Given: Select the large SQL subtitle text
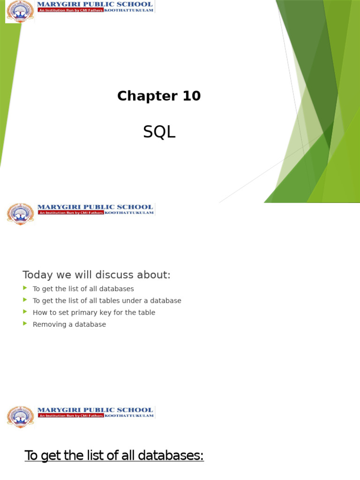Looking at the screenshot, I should pos(159,133).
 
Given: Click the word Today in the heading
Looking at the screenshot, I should pos(36,275).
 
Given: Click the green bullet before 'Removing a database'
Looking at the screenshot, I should pos(25,324).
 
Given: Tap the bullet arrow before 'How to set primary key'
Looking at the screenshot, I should pos(25,312).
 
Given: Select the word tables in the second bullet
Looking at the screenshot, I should pos(109,300).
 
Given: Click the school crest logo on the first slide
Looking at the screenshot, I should pos(20,11).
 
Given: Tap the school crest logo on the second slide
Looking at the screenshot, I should pos(21,214).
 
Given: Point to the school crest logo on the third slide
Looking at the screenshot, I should pos(21,417).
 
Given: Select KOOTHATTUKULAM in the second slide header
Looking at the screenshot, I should pos(129,213).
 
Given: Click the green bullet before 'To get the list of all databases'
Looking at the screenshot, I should pos(25,288).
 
